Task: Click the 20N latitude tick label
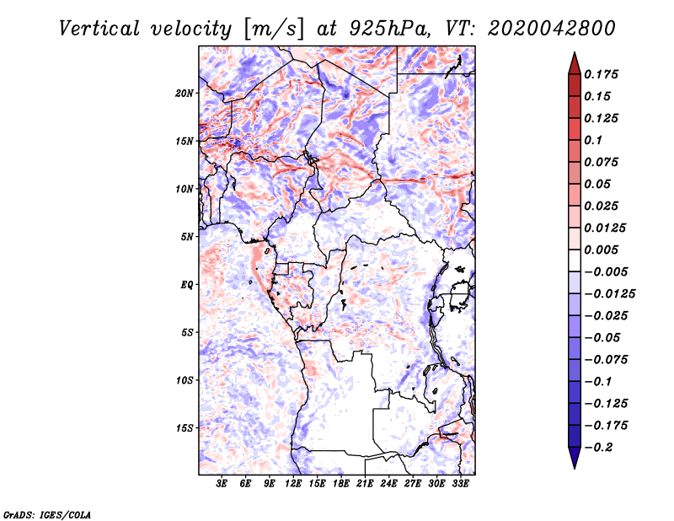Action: click(185, 94)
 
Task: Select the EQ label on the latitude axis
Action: click(187, 285)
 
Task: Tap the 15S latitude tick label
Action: click(185, 428)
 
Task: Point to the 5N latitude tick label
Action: click(187, 237)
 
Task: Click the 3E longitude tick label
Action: click(222, 484)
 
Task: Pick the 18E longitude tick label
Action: click(341, 484)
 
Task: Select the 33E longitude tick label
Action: click(460, 484)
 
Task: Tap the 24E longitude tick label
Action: click(388, 484)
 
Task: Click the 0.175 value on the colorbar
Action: click(601, 74)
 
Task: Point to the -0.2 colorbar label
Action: click(598, 448)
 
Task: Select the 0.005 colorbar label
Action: click(601, 250)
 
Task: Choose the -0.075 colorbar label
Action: click(606, 360)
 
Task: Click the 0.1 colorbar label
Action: click(593, 140)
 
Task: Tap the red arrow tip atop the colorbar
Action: click(575, 53)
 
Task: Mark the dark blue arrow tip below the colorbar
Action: click(575, 467)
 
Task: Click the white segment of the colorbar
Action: click(575, 260)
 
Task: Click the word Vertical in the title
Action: click(99, 29)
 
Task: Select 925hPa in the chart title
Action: click(388, 29)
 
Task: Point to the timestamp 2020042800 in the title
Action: click(552, 29)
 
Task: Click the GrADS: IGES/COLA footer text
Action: click(47, 515)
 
